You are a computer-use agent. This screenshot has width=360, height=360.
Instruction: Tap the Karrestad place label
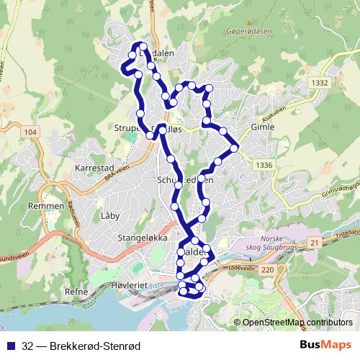click(91, 166)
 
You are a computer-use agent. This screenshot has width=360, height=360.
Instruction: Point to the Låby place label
click(110, 215)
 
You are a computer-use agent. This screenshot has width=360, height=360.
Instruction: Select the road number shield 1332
click(320, 84)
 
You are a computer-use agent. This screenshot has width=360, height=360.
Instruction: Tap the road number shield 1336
click(264, 166)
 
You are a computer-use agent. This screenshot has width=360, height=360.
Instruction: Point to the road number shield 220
click(268, 270)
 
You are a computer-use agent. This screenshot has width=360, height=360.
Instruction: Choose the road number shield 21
click(315, 243)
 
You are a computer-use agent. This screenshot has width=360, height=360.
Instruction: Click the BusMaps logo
click(325, 345)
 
